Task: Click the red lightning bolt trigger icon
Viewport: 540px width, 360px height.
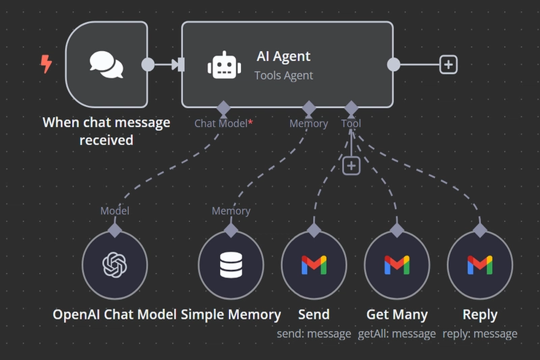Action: point(46,64)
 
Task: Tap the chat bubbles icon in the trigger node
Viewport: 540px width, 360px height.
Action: point(106,64)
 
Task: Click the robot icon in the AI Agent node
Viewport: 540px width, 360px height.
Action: point(224,65)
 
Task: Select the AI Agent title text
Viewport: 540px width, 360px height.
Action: point(283,56)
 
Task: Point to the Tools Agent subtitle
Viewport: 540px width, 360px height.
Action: point(283,75)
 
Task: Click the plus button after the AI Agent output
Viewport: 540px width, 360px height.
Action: point(448,65)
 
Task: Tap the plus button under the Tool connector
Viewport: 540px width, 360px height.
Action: point(351,166)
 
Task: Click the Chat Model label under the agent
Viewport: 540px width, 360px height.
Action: point(220,123)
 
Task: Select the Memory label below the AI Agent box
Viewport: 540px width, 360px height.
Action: point(308,123)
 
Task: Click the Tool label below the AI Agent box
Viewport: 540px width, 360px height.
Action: point(351,123)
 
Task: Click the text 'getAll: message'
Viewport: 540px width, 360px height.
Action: point(397,334)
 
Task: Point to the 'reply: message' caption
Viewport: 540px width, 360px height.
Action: point(480,334)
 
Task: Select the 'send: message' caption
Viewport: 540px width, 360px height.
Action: point(314,334)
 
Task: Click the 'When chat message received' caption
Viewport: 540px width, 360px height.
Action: point(106,131)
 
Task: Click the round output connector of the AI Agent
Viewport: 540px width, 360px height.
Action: point(393,65)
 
